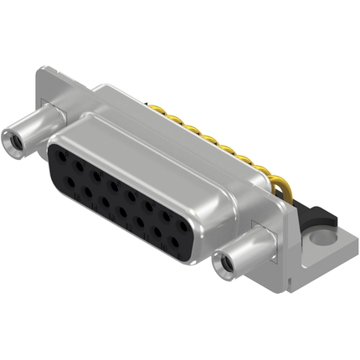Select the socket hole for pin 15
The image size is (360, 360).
point(68,180)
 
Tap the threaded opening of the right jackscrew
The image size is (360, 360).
point(224,269)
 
